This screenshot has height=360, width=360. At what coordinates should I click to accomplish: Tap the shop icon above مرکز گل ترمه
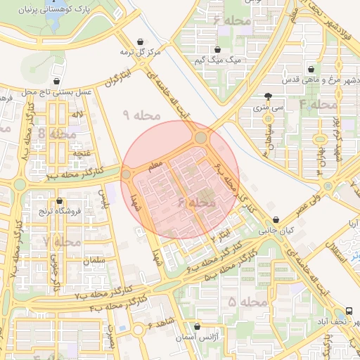(x=143, y=41)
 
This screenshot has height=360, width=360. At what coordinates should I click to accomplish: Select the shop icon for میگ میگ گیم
(x=217, y=50)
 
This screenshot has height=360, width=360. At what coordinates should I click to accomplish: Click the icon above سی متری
(x=268, y=97)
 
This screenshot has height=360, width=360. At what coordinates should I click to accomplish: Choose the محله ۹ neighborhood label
(x=141, y=114)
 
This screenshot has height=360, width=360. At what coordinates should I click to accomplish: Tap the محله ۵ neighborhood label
(x=249, y=302)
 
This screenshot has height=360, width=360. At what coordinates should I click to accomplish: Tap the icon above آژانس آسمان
(x=198, y=327)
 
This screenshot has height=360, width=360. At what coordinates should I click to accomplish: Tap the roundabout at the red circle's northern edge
(x=200, y=137)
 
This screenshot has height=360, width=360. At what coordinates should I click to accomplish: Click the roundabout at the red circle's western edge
(x=127, y=174)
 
